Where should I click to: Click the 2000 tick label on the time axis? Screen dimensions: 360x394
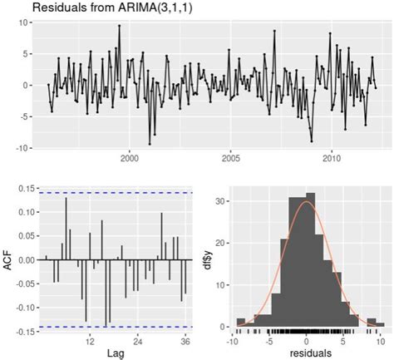130,158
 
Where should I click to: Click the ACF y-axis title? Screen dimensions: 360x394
7,259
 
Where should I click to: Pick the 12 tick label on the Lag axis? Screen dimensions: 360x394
89,341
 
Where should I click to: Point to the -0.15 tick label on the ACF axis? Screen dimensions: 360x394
22,331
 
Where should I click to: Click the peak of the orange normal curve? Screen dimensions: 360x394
307,202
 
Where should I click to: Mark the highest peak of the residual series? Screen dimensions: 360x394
119,26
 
